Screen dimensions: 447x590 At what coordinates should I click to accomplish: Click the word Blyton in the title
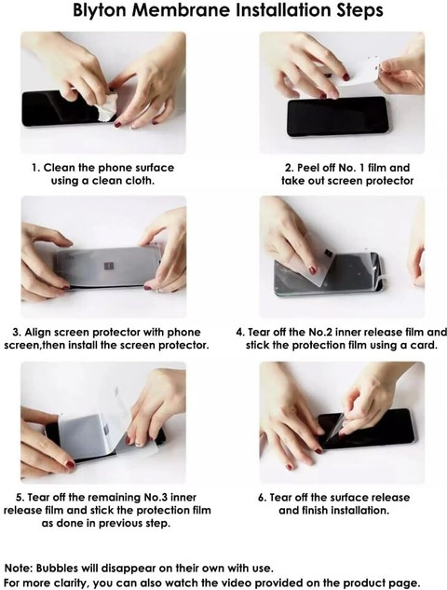(100, 10)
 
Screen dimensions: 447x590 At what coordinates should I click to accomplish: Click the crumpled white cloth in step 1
(105, 107)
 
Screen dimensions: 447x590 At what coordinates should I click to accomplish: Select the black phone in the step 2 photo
(337, 117)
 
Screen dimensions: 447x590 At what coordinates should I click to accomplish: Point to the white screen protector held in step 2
(359, 74)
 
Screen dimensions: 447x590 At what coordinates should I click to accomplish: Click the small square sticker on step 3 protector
(109, 268)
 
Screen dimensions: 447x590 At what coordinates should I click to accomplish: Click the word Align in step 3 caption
(38, 332)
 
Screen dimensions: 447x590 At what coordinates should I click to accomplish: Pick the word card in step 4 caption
(424, 345)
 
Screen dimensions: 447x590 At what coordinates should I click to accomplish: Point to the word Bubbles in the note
(58, 568)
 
